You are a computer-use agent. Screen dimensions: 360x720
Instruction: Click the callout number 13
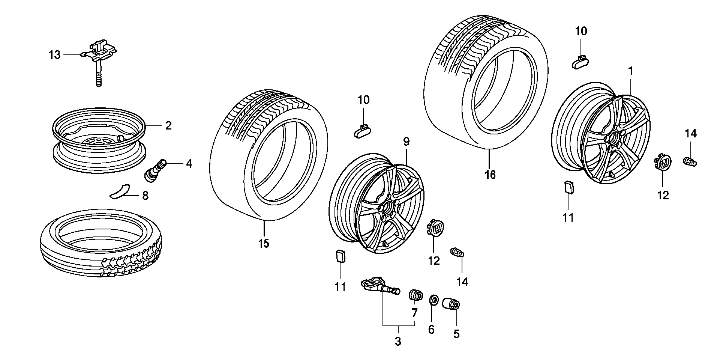tap(54, 55)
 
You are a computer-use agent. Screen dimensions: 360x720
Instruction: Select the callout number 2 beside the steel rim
tap(168, 125)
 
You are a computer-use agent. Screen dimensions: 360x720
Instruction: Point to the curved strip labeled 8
tap(119, 191)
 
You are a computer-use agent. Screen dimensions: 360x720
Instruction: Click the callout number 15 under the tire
tap(264, 244)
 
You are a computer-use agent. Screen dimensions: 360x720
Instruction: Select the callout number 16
tap(490, 175)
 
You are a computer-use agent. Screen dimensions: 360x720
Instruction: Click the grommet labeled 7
tap(415, 295)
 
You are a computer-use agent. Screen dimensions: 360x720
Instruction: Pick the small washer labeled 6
tap(433, 300)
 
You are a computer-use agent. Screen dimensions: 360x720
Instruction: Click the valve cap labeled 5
tap(451, 303)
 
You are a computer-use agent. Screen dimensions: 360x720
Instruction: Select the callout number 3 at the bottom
tap(398, 342)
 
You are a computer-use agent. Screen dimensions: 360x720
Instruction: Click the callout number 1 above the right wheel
tap(631, 71)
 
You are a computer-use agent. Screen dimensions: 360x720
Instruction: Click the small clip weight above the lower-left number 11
tap(340, 256)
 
